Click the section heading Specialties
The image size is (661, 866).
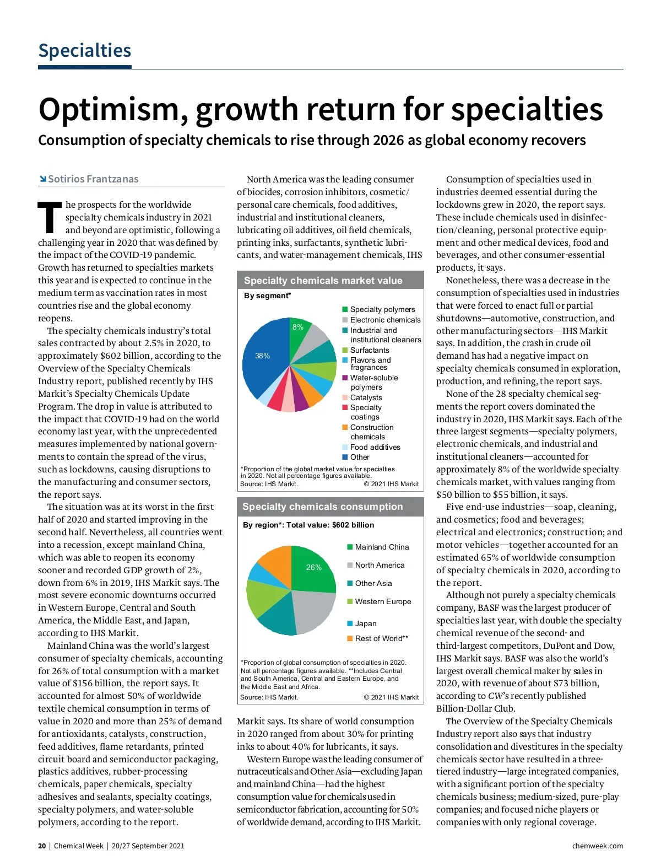tap(84, 51)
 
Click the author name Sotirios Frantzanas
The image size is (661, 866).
tap(93, 179)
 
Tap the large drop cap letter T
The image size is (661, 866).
tap(50, 217)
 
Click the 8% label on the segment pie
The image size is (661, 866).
tap(298, 327)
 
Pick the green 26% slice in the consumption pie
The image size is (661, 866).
tap(312, 568)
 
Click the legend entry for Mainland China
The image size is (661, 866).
tap(381, 547)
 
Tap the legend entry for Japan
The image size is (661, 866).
tap(365, 623)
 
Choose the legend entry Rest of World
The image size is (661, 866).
tap(381, 638)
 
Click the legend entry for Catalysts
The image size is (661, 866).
tap(366, 397)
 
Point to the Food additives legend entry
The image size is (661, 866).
tap(375, 447)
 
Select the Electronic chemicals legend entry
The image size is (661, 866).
tap(385, 320)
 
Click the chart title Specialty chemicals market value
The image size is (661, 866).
tap(323, 281)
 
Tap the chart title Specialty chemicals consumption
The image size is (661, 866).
tap(322, 507)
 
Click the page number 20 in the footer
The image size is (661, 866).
tap(42, 846)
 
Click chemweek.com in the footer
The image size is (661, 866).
tap(597, 846)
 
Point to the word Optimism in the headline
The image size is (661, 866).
tap(108, 109)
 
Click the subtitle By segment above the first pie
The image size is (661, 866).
tap(267, 296)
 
